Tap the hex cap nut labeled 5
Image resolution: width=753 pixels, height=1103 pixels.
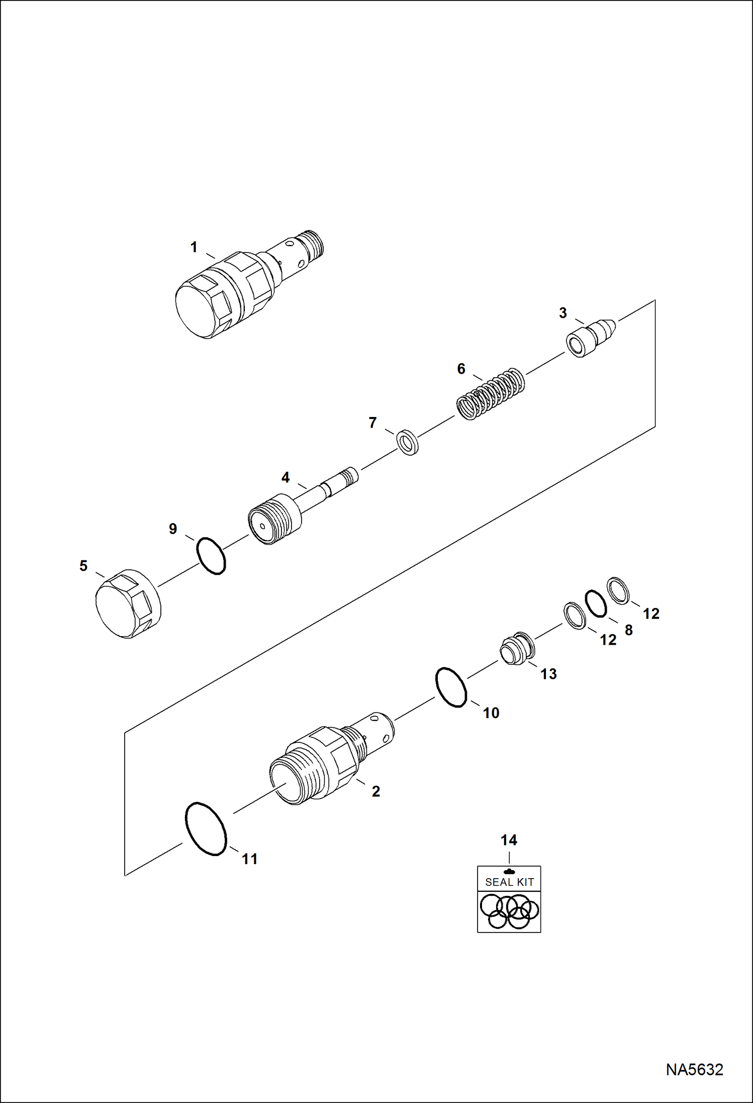(128, 604)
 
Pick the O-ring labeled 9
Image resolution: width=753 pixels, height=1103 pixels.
(211, 556)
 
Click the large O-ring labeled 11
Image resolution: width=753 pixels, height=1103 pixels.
(206, 828)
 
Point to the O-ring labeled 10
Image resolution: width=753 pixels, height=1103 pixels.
(451, 688)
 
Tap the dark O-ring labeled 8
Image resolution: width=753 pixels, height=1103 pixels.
(596, 603)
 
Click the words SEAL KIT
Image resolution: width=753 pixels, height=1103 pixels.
(509, 882)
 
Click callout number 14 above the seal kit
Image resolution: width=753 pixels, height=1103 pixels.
(509, 839)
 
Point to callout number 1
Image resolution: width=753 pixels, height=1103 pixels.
(194, 247)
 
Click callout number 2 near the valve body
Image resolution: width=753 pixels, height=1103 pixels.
(375, 791)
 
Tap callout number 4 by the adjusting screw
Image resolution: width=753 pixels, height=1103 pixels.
(285, 477)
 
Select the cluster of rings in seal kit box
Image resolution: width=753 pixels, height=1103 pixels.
(509, 911)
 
